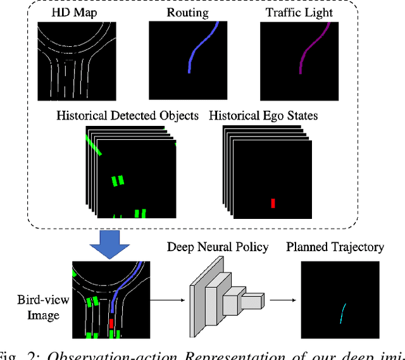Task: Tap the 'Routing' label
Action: tap(188, 12)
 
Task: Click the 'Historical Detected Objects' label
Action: tap(127, 115)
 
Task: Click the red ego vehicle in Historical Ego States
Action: tap(273, 203)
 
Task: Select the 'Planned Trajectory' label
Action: tap(335, 247)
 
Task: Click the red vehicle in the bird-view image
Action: tap(112, 325)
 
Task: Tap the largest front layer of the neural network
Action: tap(197, 304)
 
